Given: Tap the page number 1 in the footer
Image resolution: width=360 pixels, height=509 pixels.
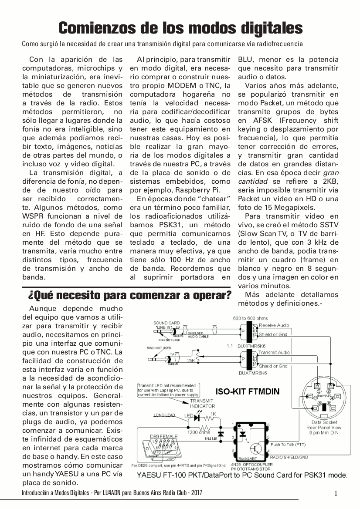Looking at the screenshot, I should (x=336, y=493).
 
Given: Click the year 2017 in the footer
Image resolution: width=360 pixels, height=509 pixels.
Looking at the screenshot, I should (x=196, y=493).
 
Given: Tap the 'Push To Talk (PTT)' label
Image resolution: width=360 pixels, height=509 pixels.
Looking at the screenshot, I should (x=288, y=445).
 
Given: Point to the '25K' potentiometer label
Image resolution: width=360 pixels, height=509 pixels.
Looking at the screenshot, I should (x=191, y=361).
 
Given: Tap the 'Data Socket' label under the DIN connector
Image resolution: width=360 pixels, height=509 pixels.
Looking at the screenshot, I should (x=324, y=422).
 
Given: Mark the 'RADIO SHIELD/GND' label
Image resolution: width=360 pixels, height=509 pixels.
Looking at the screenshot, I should (x=289, y=458).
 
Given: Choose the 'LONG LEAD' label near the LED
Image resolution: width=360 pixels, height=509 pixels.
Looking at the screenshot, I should (x=165, y=415).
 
